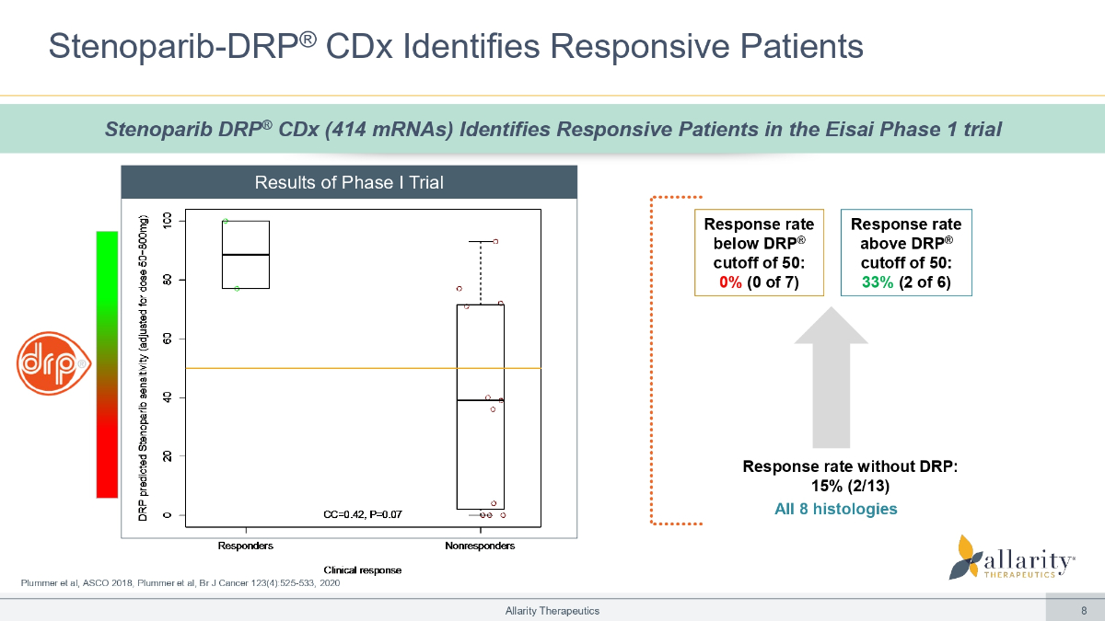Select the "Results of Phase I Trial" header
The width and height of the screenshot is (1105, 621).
click(x=349, y=182)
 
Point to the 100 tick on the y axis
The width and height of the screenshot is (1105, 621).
click(x=167, y=221)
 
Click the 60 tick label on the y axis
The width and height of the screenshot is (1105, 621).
click(x=167, y=339)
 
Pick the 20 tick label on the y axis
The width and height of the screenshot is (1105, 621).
click(x=167, y=456)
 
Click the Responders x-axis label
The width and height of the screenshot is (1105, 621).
click(x=245, y=546)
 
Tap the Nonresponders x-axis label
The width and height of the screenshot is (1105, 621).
click(x=479, y=546)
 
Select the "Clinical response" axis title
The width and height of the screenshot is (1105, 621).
click(x=362, y=570)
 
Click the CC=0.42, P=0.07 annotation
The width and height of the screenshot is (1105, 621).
click(x=364, y=513)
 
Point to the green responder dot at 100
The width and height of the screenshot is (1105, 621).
click(x=226, y=221)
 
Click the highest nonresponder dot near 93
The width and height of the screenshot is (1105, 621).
click(x=495, y=241)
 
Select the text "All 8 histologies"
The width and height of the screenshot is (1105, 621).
click(x=836, y=509)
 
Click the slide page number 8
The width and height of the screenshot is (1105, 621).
click(x=1084, y=610)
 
